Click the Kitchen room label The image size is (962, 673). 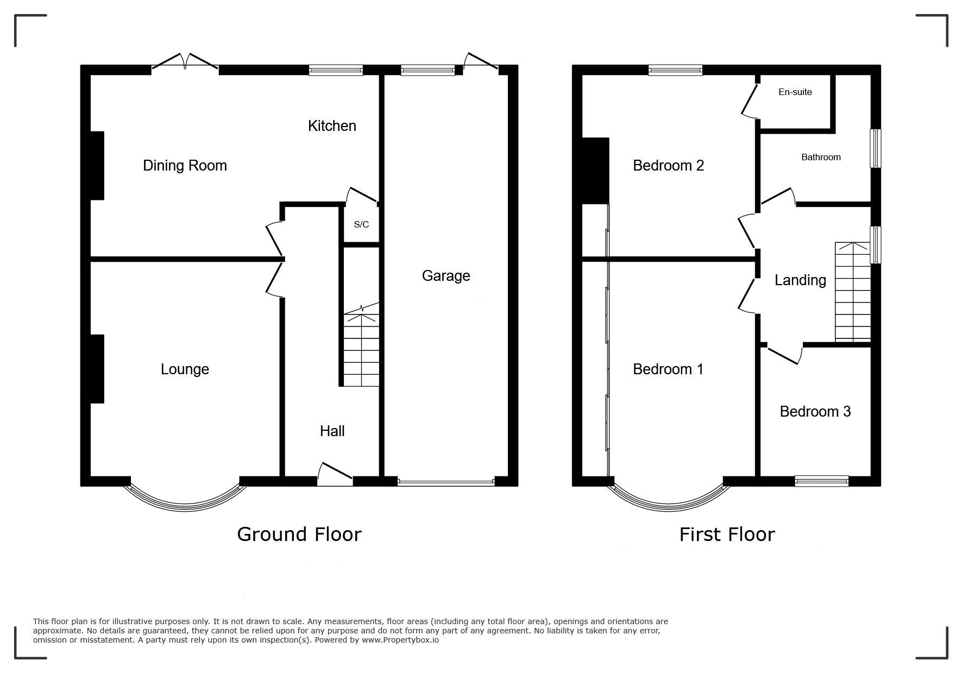(x=332, y=126)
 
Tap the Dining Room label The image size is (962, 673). (x=185, y=166)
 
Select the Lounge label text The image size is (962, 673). (x=185, y=370)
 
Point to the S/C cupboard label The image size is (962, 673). (x=361, y=224)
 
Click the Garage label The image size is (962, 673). (x=446, y=276)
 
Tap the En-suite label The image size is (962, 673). (x=795, y=92)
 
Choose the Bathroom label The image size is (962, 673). (x=821, y=157)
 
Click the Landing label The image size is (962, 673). (x=800, y=280)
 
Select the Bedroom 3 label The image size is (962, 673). (x=815, y=412)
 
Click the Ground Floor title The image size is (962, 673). (x=299, y=534)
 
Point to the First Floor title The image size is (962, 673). (x=727, y=534)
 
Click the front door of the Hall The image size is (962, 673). (x=335, y=474)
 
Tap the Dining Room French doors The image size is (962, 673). (x=185, y=61)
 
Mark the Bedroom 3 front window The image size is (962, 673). (x=821, y=481)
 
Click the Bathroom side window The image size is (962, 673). (x=876, y=148)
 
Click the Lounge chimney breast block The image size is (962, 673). (x=97, y=369)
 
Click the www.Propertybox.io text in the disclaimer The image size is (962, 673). (x=400, y=640)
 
